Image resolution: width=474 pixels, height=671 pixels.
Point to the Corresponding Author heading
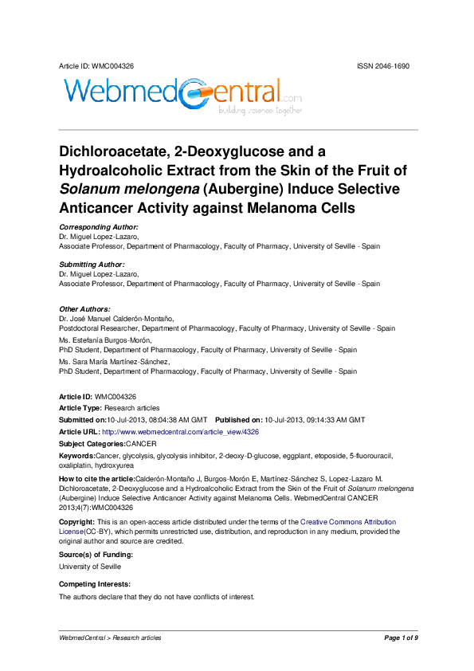93,227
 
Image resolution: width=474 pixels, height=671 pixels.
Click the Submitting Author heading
92,265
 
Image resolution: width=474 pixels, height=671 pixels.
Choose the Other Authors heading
85,309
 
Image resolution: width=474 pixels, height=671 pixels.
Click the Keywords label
77,455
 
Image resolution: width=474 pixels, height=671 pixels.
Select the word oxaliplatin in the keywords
75,465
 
